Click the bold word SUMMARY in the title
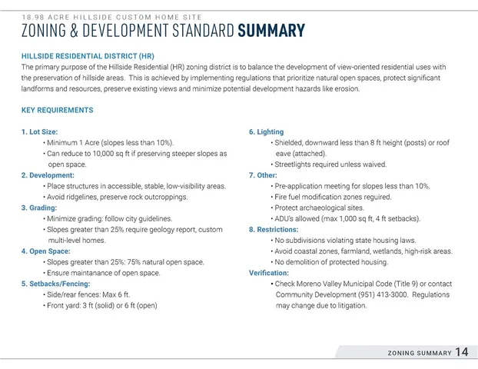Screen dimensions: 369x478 [271, 31]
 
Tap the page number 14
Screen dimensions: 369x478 [461, 352]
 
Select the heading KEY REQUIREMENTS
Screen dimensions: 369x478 [58, 110]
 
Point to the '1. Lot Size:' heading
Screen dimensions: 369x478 [39, 132]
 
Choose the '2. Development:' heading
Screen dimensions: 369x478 [48, 175]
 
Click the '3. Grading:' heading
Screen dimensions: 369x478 [41, 208]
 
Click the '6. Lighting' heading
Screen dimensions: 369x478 [266, 132]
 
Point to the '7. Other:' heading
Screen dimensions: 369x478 [263, 175]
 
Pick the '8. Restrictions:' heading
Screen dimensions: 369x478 [274, 230]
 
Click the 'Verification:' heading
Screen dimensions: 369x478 [269, 273]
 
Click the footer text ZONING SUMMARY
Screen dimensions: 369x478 [419, 353]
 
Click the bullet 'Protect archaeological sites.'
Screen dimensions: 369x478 [320, 208]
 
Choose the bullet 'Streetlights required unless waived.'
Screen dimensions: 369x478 [330, 165]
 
